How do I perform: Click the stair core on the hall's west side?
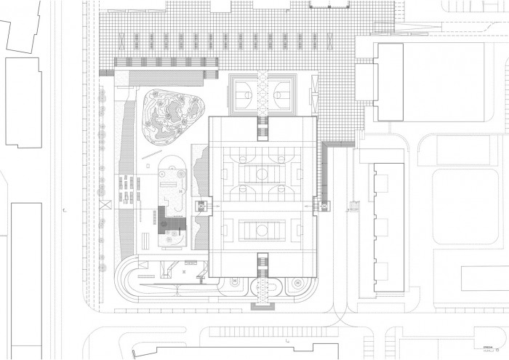coord(201,207)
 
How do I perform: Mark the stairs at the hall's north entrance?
coord(262,129)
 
